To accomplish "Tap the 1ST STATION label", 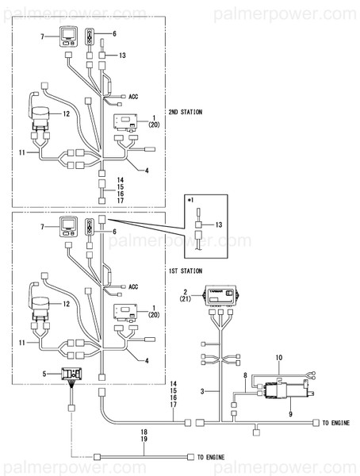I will pos(185,271).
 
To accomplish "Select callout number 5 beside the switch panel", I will pos(56,372).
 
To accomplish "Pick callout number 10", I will pos(278,359).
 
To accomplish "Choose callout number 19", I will pos(144,439).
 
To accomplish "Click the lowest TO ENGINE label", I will pos(212,458).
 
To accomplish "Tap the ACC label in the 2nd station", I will pos(133,96).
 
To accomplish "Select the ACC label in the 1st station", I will pos(133,286).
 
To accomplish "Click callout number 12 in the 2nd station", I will pos(67,113).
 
